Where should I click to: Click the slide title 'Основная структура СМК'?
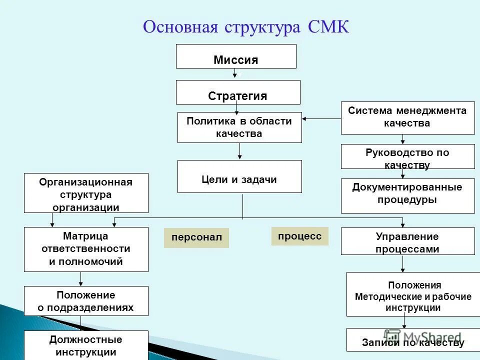[x=245, y=27]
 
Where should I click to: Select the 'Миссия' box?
[x=236, y=56]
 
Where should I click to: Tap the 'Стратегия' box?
[x=238, y=92]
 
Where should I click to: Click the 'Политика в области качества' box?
[x=239, y=127]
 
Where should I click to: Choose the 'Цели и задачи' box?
[x=239, y=176]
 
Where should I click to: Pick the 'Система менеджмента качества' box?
[x=407, y=118]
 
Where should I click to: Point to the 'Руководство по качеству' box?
[x=407, y=156]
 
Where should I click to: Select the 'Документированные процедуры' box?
[x=407, y=196]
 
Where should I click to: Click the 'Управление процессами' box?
[x=407, y=241]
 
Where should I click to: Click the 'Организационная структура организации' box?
[x=86, y=193]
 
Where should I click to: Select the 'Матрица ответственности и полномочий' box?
[x=86, y=249]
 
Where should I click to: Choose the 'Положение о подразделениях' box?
[x=86, y=301]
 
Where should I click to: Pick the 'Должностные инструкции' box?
[x=86, y=345]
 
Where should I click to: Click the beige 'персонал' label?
[x=196, y=238]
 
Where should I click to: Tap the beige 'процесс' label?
[x=299, y=236]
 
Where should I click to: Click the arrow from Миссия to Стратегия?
[x=235, y=74]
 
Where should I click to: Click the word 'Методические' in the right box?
[x=383, y=297]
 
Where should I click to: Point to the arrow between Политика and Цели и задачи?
[x=240, y=151]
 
